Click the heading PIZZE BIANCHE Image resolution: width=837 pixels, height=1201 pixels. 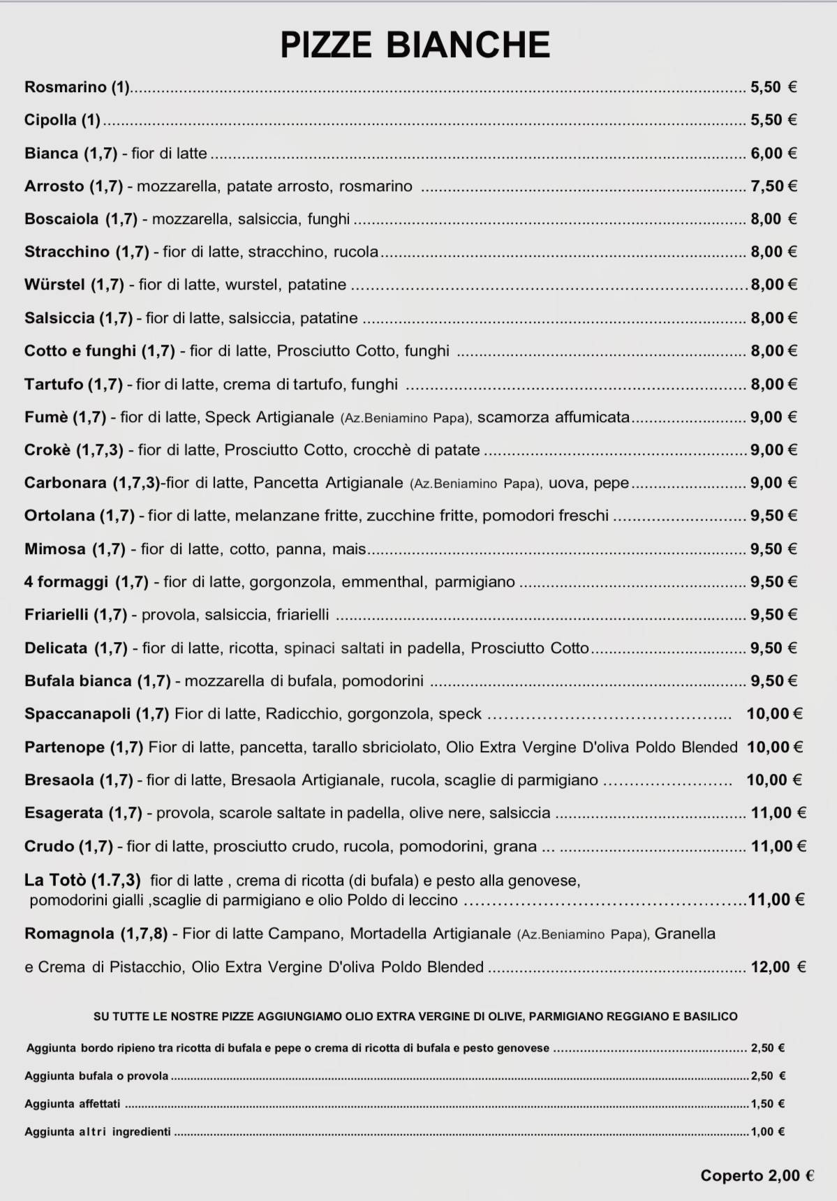coord(415,45)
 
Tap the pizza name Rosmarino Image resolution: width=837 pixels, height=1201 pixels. coord(65,87)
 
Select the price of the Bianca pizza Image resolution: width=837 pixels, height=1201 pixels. coord(773,154)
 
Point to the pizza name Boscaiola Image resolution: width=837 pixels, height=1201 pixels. coord(61,219)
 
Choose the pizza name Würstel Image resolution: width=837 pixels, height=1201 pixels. coord(54,285)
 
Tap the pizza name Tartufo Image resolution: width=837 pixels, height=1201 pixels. coord(54,385)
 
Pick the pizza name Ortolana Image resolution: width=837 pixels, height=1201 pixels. coord(59,516)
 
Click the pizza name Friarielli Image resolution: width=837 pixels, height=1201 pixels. coord(57,615)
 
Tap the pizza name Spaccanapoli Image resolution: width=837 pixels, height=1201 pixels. coord(77,714)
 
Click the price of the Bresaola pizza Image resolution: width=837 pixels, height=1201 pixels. coord(773,780)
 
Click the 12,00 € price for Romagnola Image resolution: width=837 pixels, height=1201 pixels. coord(778,967)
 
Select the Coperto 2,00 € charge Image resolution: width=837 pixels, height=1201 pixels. coord(757,1176)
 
